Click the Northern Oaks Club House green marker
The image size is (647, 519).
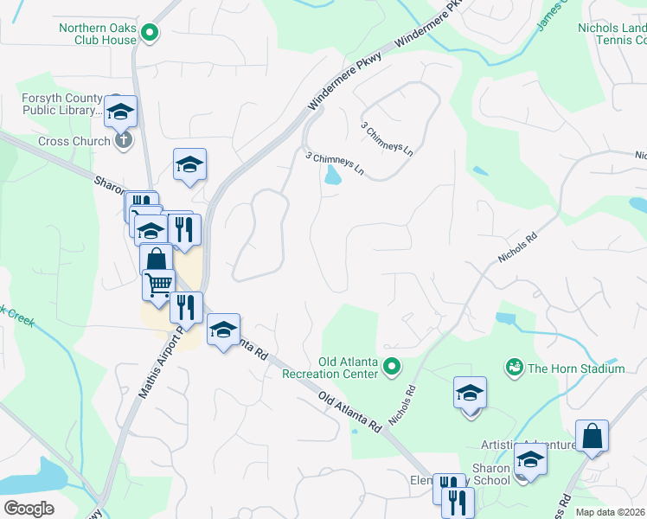pos(149,34)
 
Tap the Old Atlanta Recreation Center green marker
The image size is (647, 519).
pos(392,368)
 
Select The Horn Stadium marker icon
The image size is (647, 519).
pos(515,368)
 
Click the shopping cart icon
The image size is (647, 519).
pos(157,285)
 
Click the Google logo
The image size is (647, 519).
pos(28,509)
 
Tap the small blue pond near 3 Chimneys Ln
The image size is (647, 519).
pos(330,176)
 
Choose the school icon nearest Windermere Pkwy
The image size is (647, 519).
pos(189,164)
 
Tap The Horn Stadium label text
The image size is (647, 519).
pos(576,368)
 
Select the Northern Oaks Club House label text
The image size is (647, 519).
pos(98,34)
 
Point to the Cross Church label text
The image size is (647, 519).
pos(74,141)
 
